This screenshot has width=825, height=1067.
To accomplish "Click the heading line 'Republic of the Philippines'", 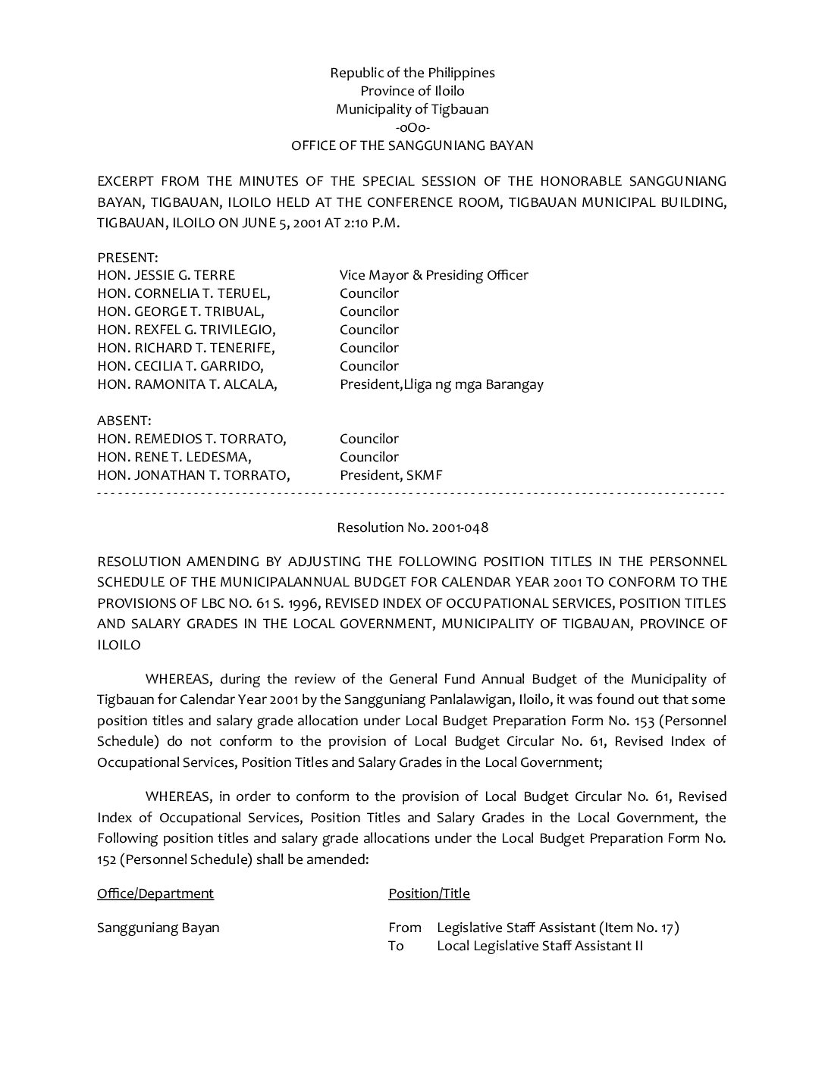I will [412, 73].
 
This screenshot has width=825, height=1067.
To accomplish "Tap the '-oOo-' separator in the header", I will [412, 127].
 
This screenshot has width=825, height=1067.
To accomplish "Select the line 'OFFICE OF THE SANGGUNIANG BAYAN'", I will [412, 145].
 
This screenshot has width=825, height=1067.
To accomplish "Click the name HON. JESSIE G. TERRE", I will [166, 275].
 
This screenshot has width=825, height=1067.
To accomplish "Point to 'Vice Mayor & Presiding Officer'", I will [434, 275].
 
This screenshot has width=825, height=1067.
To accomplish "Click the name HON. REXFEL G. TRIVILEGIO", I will [186, 330].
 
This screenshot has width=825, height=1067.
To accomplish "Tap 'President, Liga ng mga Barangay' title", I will [441, 384].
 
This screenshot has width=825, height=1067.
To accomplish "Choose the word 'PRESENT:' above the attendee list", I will [127, 258].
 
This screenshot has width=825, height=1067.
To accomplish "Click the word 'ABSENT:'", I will [124, 421].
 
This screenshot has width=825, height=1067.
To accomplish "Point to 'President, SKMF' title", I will [391, 475].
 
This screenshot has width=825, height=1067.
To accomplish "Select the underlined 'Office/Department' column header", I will [155, 893].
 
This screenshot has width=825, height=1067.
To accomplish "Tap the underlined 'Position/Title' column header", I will [429, 893].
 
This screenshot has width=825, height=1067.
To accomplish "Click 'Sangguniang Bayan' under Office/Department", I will [158, 928].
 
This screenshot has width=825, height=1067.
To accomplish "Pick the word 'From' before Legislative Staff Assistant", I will [405, 928].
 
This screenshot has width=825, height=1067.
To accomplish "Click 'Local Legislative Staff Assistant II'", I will [540, 946].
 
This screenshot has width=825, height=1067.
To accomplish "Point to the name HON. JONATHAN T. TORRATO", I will [193, 475].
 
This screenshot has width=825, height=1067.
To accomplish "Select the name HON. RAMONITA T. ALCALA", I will [187, 384].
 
